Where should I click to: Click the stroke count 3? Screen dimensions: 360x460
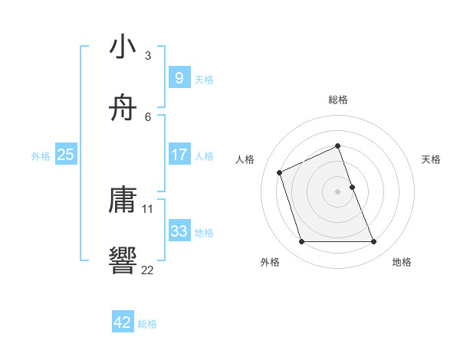tap(148, 55)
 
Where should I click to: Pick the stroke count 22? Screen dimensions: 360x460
tap(148, 269)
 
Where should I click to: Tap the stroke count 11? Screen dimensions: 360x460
tap(148, 208)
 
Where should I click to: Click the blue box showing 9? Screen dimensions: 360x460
tap(179, 77)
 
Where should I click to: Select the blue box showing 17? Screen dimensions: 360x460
tap(179, 154)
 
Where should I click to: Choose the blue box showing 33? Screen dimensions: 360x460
tap(179, 231)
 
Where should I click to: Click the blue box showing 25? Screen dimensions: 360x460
tap(65, 155)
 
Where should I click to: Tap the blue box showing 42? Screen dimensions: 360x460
tap(123, 322)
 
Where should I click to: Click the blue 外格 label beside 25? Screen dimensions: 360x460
tap(41, 155)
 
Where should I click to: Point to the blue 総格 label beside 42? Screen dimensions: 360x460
tap(147, 324)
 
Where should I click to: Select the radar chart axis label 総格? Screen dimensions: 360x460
tap(338, 100)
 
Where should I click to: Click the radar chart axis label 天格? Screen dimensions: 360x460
tap(432, 159)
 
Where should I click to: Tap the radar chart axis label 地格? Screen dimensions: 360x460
tap(402, 263)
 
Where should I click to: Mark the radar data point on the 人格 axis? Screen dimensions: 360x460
tap(280, 172)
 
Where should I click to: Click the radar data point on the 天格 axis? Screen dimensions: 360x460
tap(352, 187)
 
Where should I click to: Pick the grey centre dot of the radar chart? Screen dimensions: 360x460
tap(338, 191)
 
